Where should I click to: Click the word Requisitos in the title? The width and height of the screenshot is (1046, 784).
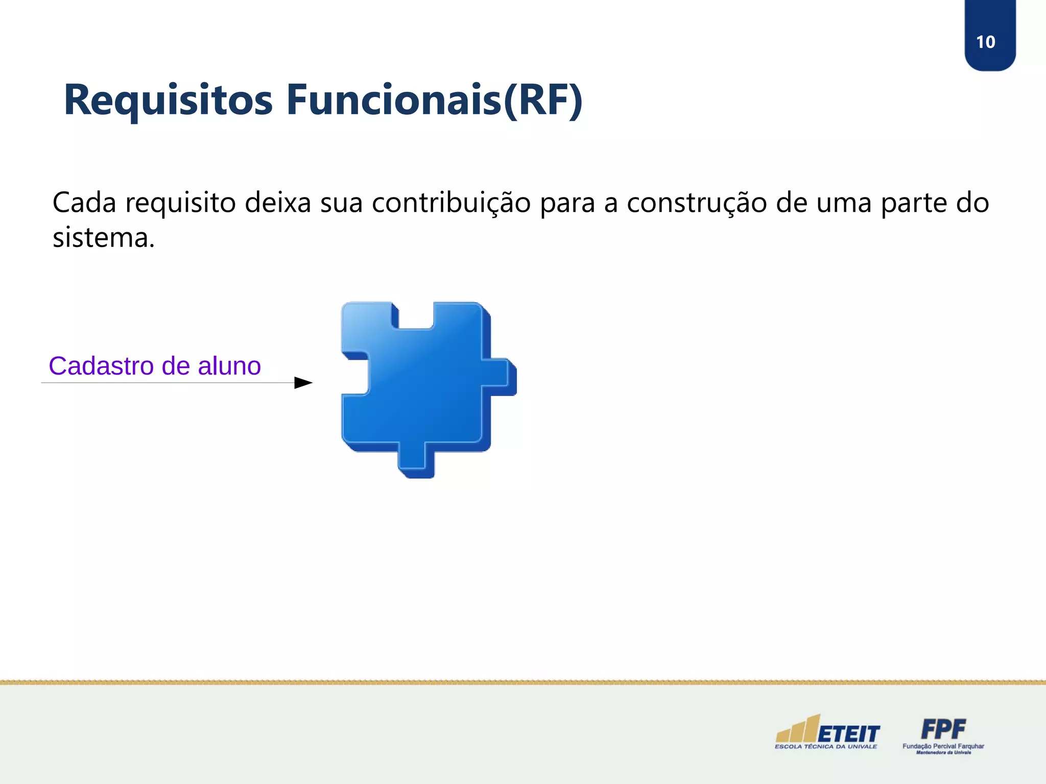168,100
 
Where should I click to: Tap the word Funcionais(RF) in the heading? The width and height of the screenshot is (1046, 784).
434,100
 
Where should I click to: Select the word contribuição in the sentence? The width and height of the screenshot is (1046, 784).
451,203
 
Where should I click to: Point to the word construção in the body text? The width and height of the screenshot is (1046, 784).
697,203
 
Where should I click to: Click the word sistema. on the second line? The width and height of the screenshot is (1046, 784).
104,238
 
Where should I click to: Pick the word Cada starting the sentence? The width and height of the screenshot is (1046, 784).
84,203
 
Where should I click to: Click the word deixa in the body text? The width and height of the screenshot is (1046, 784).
278,203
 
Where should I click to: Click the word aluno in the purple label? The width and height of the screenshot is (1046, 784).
229,366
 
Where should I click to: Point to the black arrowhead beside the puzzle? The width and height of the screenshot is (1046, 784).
303,383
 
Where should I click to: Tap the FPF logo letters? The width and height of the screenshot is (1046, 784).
943,729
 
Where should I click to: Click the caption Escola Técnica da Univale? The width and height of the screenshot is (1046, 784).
826,747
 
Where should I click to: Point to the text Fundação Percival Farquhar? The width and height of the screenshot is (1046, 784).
943,746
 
